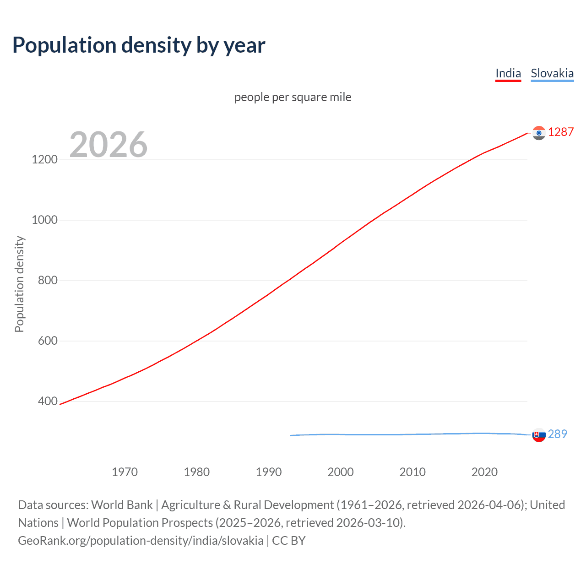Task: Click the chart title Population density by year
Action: (139, 45)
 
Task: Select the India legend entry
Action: (508, 73)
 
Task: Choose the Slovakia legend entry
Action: (552, 73)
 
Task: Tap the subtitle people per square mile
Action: (293, 97)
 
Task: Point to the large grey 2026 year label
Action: (109, 145)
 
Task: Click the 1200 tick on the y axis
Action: (44, 160)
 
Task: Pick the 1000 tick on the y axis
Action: (44, 220)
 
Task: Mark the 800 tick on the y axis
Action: (48, 281)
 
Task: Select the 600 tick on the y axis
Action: (48, 341)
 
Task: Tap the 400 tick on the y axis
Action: (48, 402)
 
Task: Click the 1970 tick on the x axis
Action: (125, 472)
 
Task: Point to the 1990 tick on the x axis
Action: (269, 472)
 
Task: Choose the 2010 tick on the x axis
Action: (412, 472)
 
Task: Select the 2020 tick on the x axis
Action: (484, 472)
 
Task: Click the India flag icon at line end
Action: (539, 133)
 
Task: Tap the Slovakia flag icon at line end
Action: (539, 435)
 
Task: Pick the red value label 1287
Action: (561, 132)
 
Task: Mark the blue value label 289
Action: (558, 434)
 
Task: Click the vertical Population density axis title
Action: (19, 284)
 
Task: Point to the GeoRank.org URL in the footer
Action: (141, 541)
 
